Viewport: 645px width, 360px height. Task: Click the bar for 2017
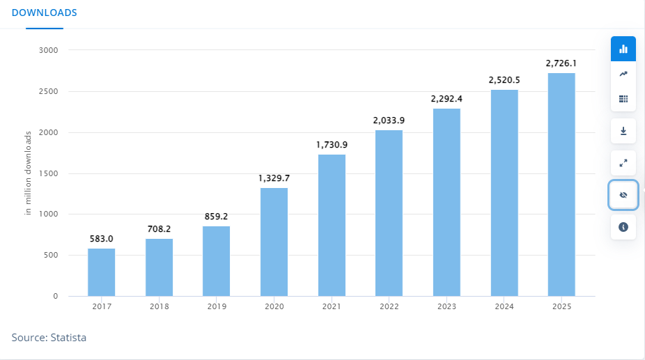pyautogui.click(x=101, y=272)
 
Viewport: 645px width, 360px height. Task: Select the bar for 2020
pyautogui.click(x=274, y=242)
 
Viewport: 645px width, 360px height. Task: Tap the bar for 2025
pyautogui.click(x=561, y=185)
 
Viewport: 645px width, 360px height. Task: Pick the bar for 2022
pyautogui.click(x=389, y=213)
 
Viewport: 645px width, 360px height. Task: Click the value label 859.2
pyautogui.click(x=217, y=217)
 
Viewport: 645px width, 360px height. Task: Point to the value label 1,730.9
pyautogui.click(x=332, y=144)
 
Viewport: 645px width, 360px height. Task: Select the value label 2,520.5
pyautogui.click(x=504, y=80)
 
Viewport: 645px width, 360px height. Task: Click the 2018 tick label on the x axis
pyautogui.click(x=159, y=306)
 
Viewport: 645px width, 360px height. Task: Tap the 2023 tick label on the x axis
pyautogui.click(x=446, y=306)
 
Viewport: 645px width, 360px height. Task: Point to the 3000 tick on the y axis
pyautogui.click(x=48, y=51)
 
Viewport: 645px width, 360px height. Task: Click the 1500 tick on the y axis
pyautogui.click(x=48, y=173)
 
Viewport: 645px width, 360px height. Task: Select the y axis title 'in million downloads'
pyautogui.click(x=29, y=173)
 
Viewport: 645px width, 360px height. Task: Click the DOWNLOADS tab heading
pyautogui.click(x=45, y=13)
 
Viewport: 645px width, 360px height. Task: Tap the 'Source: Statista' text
pyautogui.click(x=49, y=337)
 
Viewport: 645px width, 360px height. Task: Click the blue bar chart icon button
pyautogui.click(x=623, y=49)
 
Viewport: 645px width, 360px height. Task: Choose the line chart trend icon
pyautogui.click(x=623, y=74)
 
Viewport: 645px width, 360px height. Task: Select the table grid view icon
pyautogui.click(x=623, y=99)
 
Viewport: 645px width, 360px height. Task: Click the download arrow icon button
pyautogui.click(x=623, y=131)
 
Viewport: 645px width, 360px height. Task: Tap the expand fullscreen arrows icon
pyautogui.click(x=623, y=163)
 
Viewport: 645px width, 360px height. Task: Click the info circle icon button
pyautogui.click(x=623, y=227)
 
